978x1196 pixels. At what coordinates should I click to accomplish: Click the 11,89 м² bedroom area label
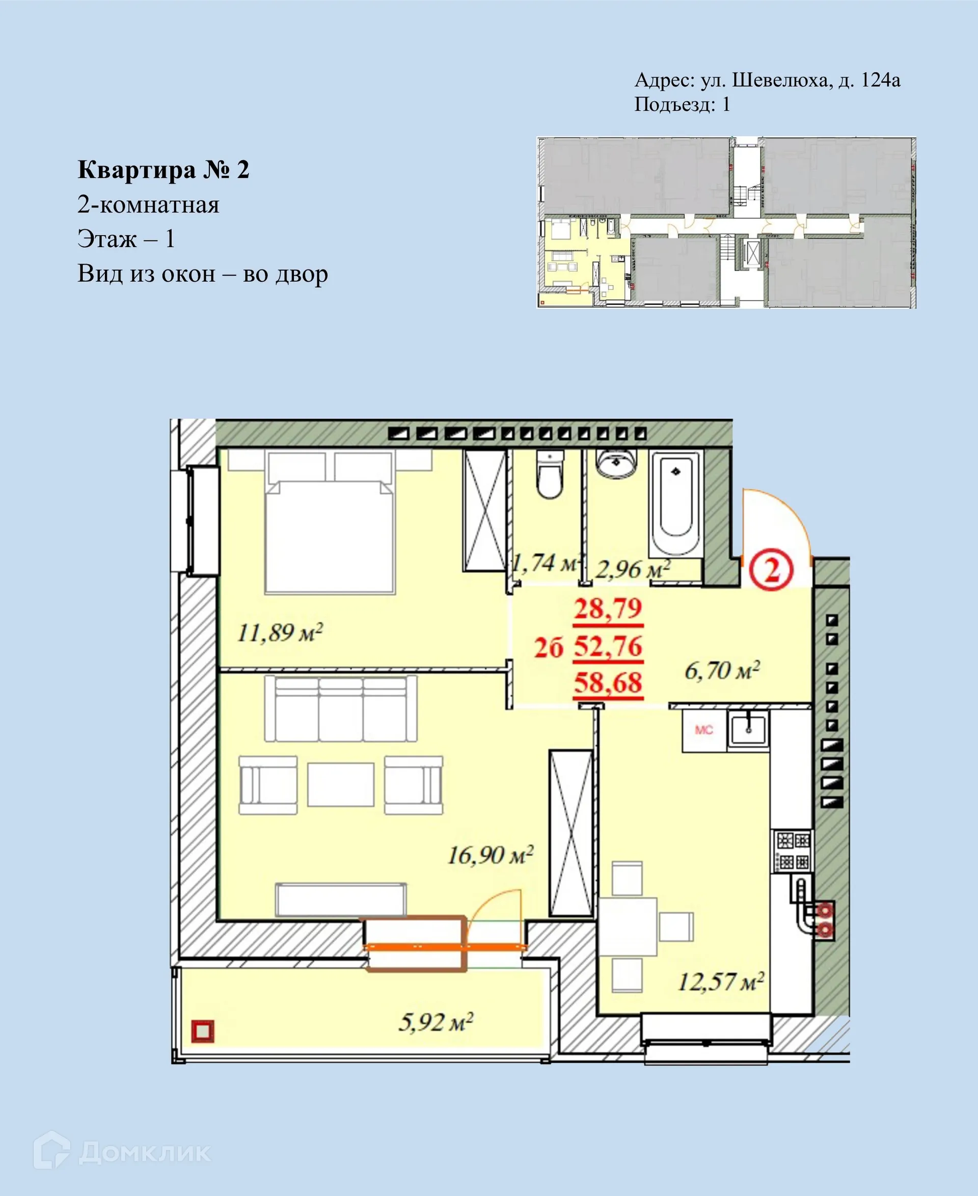click(280, 632)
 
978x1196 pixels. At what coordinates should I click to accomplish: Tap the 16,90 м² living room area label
click(490, 855)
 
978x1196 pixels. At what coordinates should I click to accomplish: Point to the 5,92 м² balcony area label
click(436, 1022)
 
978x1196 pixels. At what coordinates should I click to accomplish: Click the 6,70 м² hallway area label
click(722, 670)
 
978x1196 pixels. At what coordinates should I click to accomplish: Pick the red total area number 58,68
click(608, 682)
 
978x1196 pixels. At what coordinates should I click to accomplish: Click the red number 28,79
click(608, 609)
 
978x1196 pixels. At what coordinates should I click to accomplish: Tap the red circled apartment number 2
click(771, 570)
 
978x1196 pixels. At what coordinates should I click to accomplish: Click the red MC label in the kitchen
click(703, 730)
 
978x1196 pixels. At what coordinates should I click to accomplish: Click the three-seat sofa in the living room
click(341, 709)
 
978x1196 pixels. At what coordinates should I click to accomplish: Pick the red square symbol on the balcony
click(203, 1031)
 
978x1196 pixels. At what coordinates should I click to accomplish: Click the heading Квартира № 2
click(164, 170)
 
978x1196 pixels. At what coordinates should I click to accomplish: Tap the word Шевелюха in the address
click(781, 81)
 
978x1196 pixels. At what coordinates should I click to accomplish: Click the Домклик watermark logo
click(122, 1153)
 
